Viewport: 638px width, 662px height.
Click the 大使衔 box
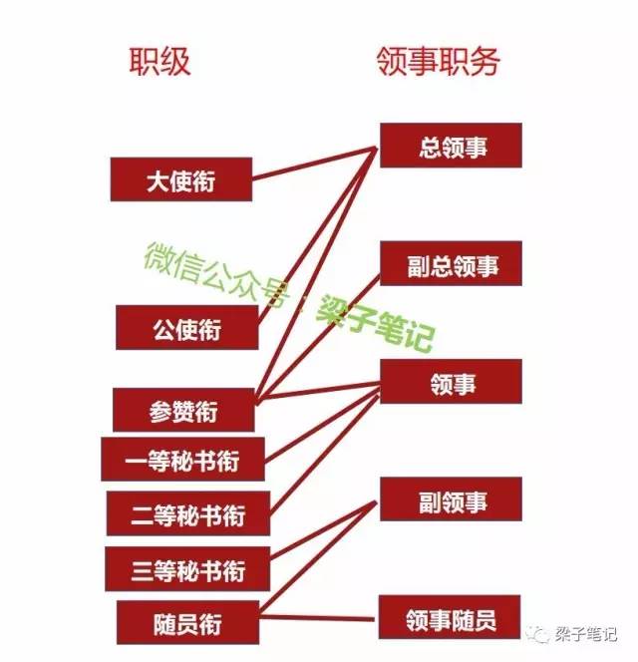coord(181,179)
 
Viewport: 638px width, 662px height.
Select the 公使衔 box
coord(187,328)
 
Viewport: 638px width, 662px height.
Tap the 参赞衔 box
coord(183,410)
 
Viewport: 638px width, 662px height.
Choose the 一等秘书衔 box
coord(182,460)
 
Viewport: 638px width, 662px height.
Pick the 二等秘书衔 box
coord(188,513)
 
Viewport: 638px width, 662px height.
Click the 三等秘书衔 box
coord(187,569)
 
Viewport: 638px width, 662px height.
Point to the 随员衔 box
coord(187,623)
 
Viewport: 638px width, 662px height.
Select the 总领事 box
coord(451,146)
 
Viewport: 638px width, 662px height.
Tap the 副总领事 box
coord(451,263)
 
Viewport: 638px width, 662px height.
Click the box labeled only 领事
coord(451,382)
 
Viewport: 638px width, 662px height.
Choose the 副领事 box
coord(451,499)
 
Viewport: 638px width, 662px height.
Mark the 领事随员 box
coord(450,617)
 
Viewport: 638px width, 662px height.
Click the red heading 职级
coord(159,62)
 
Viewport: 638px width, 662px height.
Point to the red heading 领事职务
coord(439,62)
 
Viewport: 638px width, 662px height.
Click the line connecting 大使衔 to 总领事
coord(315,164)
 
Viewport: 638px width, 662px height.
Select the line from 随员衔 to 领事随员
coord(317,618)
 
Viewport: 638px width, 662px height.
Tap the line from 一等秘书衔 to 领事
coord(322,427)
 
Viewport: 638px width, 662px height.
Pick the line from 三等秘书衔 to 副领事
coord(323,528)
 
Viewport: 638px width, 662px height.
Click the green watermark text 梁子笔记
coord(375,324)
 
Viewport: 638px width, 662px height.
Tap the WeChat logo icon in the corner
coord(538,634)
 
